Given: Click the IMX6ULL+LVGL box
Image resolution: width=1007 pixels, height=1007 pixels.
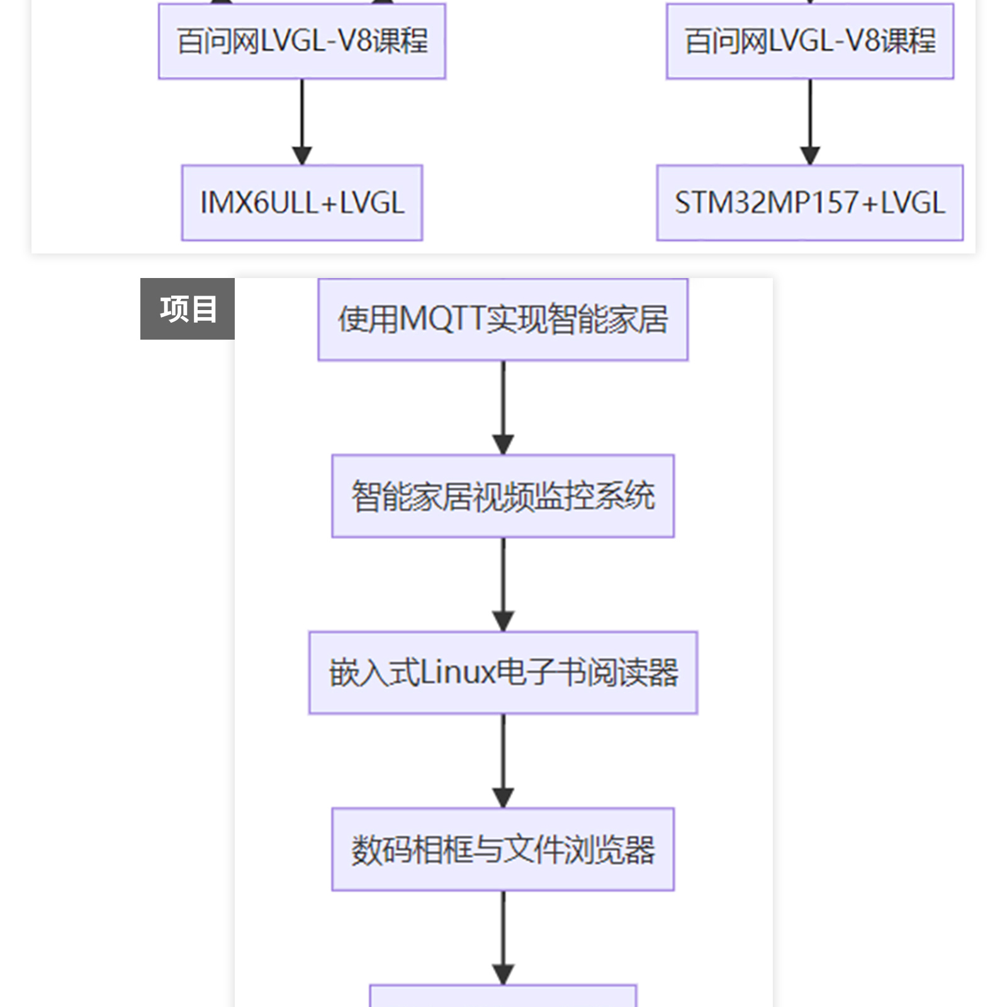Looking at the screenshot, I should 302,203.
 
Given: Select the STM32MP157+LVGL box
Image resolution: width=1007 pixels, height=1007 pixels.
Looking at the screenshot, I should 809,203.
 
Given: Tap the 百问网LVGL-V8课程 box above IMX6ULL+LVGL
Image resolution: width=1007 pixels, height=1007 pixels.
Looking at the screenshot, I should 302,42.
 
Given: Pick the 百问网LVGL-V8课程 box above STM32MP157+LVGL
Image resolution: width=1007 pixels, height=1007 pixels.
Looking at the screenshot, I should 810,42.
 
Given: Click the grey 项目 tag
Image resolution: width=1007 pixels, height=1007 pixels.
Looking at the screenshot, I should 188,309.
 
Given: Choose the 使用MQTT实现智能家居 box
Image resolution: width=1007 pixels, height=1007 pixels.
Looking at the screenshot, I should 503,320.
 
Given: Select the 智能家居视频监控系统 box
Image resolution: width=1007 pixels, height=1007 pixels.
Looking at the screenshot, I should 503,496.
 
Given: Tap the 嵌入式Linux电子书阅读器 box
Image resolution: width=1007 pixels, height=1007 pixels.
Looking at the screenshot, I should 503,672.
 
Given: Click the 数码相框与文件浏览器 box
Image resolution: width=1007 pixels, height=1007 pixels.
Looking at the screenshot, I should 503,849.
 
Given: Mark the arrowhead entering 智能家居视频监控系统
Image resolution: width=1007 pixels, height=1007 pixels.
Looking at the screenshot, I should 503,445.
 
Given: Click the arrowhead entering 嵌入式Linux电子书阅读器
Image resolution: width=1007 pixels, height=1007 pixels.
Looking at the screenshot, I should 503,621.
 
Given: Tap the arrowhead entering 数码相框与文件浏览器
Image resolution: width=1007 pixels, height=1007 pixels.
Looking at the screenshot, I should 503,798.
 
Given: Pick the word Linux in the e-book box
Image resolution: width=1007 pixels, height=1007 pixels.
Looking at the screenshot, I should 458,672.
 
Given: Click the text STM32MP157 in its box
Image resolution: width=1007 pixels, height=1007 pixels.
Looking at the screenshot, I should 767,203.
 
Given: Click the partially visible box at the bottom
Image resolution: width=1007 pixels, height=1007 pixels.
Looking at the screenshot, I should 503,996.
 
